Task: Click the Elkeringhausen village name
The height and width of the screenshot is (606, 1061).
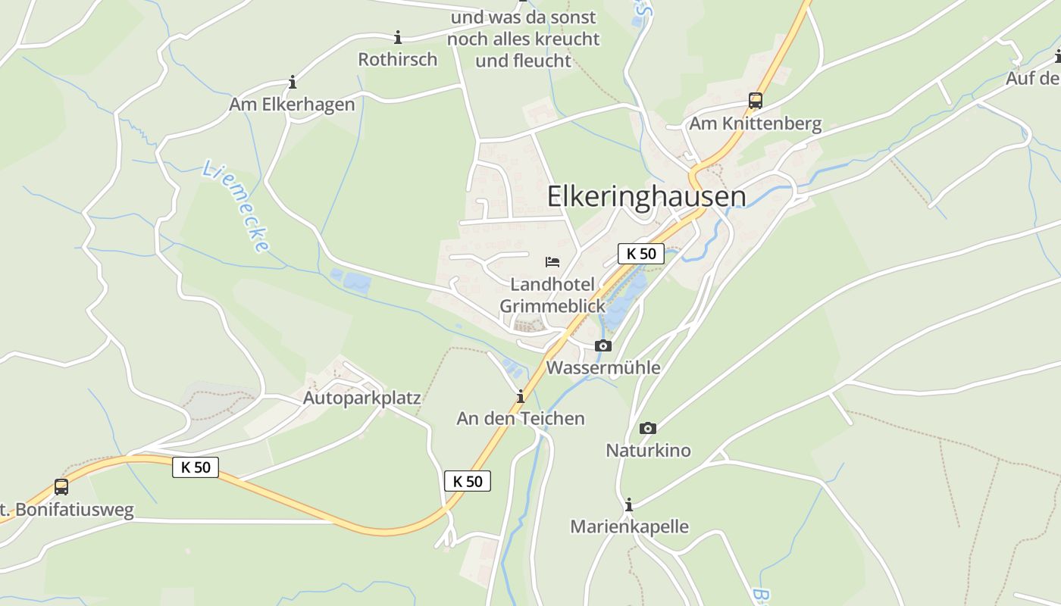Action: (x=646, y=196)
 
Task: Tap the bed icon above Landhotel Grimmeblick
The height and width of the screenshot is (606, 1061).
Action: (x=552, y=262)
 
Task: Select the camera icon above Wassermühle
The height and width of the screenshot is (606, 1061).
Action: (x=602, y=346)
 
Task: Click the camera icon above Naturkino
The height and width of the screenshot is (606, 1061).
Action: (x=647, y=429)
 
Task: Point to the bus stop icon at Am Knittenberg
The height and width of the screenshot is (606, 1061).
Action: (x=755, y=100)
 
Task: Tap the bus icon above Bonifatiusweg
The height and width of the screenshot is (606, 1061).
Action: (x=61, y=487)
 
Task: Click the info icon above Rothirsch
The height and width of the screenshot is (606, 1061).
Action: (x=398, y=37)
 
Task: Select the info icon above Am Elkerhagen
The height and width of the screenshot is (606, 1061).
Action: (x=293, y=82)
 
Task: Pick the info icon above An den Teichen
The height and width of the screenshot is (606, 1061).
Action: (x=521, y=396)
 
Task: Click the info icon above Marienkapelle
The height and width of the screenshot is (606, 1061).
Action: (x=629, y=504)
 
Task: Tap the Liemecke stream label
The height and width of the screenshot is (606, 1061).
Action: (x=236, y=206)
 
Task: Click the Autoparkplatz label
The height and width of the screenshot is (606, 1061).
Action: (x=361, y=398)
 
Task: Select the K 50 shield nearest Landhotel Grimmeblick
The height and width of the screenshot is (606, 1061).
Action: (x=641, y=254)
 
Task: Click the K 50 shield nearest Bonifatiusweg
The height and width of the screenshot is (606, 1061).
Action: (x=196, y=467)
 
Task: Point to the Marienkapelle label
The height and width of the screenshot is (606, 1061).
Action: (x=629, y=526)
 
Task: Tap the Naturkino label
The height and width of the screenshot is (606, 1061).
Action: (x=648, y=451)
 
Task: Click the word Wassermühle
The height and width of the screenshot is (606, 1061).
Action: (x=603, y=368)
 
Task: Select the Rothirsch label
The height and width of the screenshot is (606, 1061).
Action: (x=398, y=59)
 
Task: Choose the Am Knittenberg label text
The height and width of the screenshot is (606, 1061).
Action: (x=755, y=124)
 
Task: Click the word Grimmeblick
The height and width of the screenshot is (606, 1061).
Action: (x=552, y=306)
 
